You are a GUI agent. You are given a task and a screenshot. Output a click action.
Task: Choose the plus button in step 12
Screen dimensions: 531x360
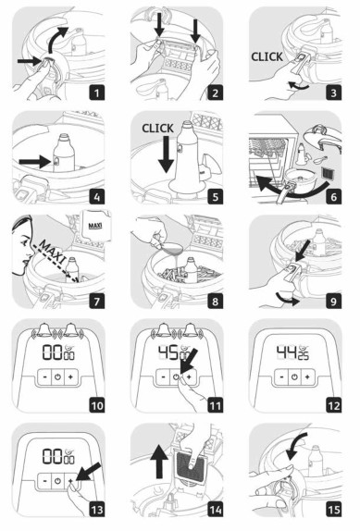click(x=313, y=377)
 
